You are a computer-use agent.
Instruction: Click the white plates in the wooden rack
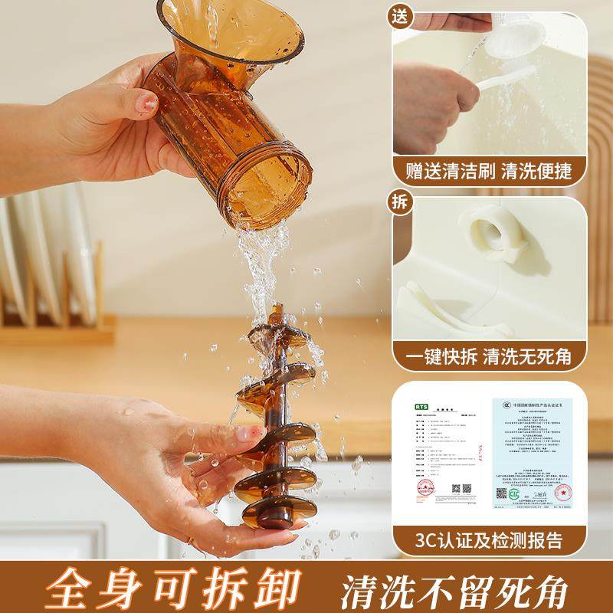coord(46,253)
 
